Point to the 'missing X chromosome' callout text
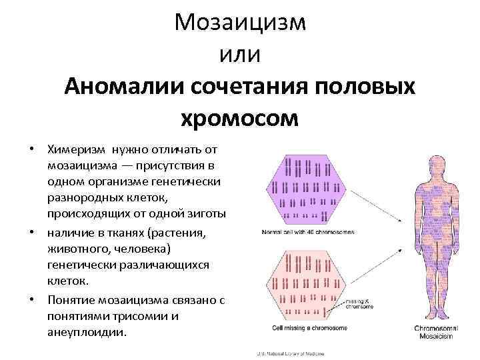click(x=359, y=304)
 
